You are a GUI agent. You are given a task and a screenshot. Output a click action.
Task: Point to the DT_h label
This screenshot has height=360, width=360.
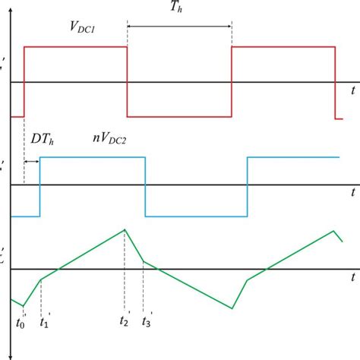[x=43, y=140]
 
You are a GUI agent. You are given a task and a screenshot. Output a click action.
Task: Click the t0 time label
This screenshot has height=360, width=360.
[x=21, y=323]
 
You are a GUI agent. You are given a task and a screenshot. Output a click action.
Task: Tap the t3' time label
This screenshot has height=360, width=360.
[x=147, y=321]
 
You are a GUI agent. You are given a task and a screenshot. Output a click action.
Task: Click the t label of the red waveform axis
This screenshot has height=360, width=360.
[x=353, y=90]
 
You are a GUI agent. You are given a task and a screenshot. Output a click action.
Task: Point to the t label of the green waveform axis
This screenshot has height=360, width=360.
[x=353, y=279]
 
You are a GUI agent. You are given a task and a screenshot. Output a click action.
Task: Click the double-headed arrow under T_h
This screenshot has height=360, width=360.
[x=179, y=26]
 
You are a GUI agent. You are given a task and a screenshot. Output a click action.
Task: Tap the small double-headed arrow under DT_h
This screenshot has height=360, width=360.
[x=32, y=161]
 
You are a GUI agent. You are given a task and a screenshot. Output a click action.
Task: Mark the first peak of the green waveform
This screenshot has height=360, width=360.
[x=125, y=229]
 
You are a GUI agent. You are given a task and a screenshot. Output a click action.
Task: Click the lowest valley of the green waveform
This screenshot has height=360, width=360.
[x=232, y=308]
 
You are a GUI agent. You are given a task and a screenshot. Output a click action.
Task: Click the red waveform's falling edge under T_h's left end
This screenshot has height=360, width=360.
[x=127, y=82]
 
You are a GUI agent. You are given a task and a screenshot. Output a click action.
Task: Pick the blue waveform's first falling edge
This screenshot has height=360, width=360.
[x=145, y=186]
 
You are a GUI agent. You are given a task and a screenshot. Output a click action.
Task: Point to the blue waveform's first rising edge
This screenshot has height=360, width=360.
[x=39, y=186]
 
